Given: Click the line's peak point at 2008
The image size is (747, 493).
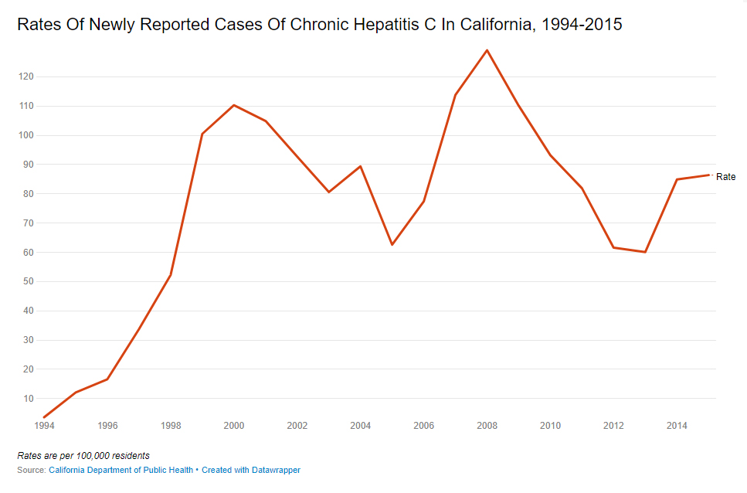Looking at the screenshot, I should tap(487, 50).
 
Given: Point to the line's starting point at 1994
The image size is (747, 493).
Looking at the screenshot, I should tap(44, 417).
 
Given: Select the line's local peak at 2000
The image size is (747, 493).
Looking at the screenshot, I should tap(234, 105).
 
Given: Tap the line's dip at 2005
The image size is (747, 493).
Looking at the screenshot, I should tap(392, 245).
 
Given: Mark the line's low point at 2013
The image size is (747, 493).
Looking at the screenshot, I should tap(644, 252).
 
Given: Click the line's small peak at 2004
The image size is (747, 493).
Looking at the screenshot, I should tap(361, 166).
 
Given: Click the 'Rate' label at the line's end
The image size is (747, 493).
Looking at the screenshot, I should tap(726, 177).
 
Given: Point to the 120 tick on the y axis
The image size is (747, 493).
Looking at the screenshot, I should tap(27, 76).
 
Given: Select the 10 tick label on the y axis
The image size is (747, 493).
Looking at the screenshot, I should tap(29, 399).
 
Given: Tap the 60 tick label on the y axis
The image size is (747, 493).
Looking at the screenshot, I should tap(29, 253).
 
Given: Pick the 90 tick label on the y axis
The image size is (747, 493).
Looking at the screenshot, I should tap(29, 165).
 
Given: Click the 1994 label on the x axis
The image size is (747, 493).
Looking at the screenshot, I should tap(44, 426).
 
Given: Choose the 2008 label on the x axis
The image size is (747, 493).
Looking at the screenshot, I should tap(487, 426).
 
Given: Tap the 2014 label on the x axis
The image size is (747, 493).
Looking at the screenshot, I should tap(677, 426).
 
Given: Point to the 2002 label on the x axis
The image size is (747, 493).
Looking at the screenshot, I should tap(297, 426).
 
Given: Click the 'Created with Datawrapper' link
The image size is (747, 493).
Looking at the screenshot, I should tap(251, 470).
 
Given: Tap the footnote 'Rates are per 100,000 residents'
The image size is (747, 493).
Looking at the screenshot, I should tap(83, 455).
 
